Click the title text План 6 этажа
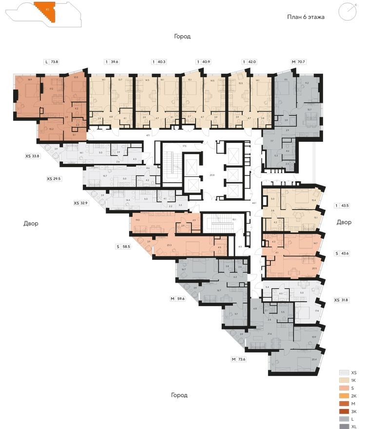pyautogui.click(x=306, y=17)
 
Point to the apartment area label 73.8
pyautogui.click(x=55, y=62)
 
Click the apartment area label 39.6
pyautogui.click(x=115, y=62)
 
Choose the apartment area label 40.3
pyautogui.click(x=161, y=62)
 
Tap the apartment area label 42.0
pyautogui.click(x=252, y=62)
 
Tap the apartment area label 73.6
pyautogui.click(x=242, y=359)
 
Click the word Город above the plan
pyautogui.click(x=182, y=37)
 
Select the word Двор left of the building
pyautogui.click(x=31, y=223)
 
